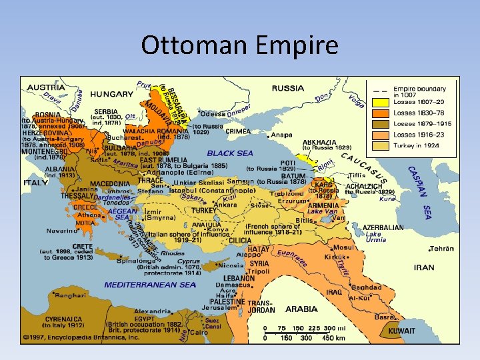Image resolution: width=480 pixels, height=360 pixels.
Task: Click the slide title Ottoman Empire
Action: click(240, 46)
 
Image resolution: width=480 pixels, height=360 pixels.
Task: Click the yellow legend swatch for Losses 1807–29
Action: click(381, 102)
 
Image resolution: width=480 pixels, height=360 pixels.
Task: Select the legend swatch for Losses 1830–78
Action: click(381, 113)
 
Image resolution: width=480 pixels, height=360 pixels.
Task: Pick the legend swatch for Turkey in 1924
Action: click(381, 145)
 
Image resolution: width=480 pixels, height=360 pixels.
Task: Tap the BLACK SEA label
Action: click(230, 153)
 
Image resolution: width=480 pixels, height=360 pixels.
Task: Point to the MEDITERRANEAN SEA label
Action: click(150, 285)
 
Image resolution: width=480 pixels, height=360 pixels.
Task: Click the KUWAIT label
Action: click(402, 331)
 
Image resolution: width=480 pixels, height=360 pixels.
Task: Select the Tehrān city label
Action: click(441, 249)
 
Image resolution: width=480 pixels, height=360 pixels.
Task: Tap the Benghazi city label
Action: click(69, 295)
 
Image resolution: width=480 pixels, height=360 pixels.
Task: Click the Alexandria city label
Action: click(152, 311)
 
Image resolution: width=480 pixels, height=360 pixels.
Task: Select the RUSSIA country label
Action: click(288, 87)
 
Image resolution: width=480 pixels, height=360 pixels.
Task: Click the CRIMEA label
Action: click(238, 131)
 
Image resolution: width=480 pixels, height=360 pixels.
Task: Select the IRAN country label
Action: click(424, 267)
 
